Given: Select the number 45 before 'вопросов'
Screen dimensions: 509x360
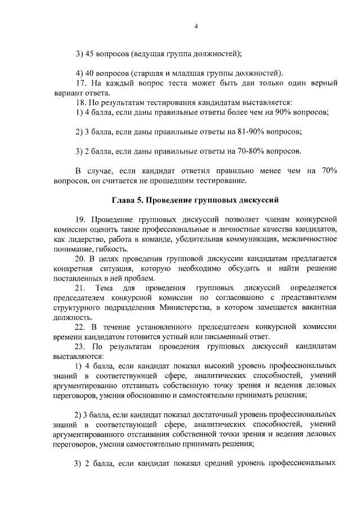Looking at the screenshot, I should point(89,54).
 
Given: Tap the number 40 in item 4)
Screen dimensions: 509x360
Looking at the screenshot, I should point(89,74).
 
